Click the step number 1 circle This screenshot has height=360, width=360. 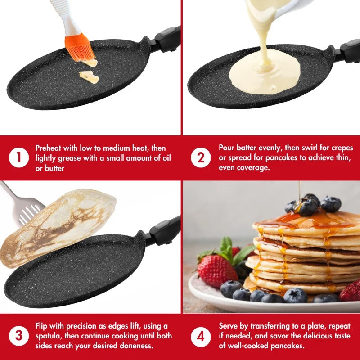pos(19,158)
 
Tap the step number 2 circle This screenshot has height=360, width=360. pos(201,158)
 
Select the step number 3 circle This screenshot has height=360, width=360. pos(19,336)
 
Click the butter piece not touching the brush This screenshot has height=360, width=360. pos(89,77)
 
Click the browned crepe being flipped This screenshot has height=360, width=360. pos(58,227)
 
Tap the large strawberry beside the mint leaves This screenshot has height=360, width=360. pos(217,271)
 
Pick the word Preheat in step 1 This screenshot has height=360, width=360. pos(49,148)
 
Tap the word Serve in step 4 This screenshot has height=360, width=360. pos(228,326)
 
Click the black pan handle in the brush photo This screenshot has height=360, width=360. pos(166,40)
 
